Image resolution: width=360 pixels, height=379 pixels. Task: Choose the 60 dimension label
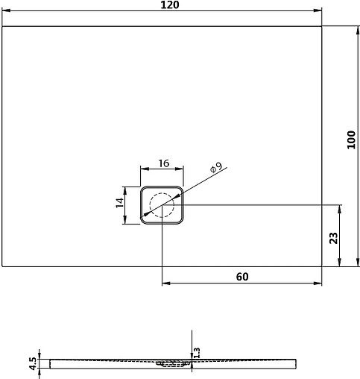(241, 276)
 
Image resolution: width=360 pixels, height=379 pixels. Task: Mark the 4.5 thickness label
(32, 363)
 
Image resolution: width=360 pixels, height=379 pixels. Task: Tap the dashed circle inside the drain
(161, 204)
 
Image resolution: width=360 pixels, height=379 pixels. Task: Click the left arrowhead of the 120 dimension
(6, 11)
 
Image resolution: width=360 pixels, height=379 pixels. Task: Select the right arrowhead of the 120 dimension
(318, 11)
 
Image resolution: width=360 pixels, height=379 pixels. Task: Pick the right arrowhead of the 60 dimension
(318, 284)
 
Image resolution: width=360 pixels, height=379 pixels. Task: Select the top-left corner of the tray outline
(3, 27)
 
